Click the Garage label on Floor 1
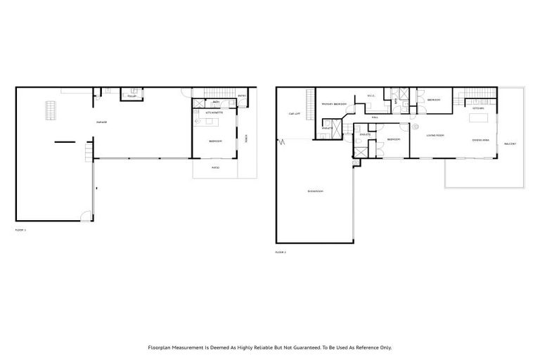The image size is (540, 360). (102, 122)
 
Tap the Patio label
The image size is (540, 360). (215, 168)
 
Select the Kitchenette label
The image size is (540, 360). (214, 112)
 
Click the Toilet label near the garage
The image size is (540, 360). (131, 96)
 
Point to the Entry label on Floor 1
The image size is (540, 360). (241, 96)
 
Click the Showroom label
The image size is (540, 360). (314, 191)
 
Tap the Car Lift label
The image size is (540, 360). (295, 114)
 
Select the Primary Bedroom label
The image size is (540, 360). (334, 104)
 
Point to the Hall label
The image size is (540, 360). (375, 117)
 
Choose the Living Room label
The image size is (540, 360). (435, 135)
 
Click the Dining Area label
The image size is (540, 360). (481, 140)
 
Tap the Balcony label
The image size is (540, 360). (510, 144)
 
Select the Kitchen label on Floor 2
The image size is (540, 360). (478, 108)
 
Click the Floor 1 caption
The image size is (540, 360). (20, 230)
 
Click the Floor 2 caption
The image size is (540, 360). (281, 252)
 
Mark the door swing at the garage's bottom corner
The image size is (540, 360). (85, 217)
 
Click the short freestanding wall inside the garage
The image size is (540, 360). (64, 143)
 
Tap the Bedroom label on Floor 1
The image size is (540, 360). (215, 141)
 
